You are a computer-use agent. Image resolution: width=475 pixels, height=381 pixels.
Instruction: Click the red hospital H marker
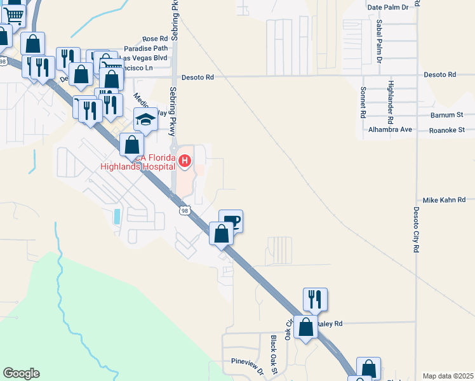click(x=185, y=161)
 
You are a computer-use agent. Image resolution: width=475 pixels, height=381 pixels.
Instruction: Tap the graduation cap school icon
click(x=145, y=119)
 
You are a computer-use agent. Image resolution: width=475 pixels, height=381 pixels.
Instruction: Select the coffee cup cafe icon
click(x=231, y=221)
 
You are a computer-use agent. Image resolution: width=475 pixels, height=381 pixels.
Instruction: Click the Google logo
click(x=21, y=373)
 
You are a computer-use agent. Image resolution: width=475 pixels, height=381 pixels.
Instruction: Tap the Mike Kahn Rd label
click(x=444, y=200)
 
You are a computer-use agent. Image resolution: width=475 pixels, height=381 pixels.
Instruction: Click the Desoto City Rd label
click(x=417, y=231)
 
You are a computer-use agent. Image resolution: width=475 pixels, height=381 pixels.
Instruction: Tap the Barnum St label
click(x=446, y=115)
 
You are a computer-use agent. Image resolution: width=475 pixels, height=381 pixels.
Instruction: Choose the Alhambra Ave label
click(x=391, y=130)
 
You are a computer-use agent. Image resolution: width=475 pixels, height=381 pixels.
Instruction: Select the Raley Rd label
click(x=330, y=323)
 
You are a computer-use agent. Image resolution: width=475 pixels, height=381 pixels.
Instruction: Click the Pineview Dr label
click(x=246, y=361)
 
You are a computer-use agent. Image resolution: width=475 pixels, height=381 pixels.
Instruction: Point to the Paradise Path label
click(x=145, y=48)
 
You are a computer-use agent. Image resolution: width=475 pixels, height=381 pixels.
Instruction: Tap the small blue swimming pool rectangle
click(x=117, y=215)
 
